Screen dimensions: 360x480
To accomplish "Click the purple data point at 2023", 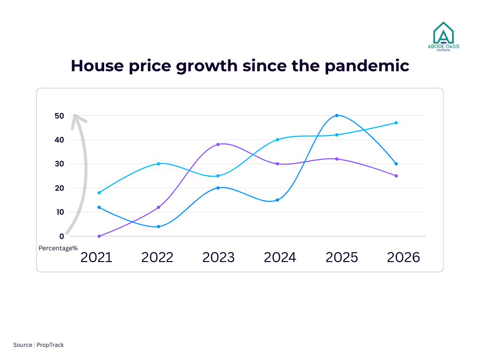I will (x=218, y=144).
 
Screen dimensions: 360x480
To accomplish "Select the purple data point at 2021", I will (x=99, y=236).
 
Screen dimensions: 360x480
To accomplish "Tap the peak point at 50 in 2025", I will (x=337, y=115).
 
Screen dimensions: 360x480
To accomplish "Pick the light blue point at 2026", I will (x=396, y=123).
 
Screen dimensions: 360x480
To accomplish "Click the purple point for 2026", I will (x=396, y=176).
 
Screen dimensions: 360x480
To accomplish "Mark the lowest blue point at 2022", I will (x=158, y=226).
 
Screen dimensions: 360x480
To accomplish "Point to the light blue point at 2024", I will (x=277, y=140).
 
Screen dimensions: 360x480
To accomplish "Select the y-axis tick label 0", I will (x=61, y=236).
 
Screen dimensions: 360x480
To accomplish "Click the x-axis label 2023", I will (x=218, y=257).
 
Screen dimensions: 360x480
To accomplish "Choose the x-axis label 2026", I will (x=403, y=257).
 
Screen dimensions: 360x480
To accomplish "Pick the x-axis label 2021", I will (x=97, y=257).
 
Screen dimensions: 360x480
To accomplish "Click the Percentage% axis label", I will (x=58, y=248).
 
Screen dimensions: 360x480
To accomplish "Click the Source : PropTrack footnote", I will (x=38, y=345).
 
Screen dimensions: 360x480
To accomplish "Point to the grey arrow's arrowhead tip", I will (x=75, y=115).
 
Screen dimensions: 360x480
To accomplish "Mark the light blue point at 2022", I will (x=158, y=164).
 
